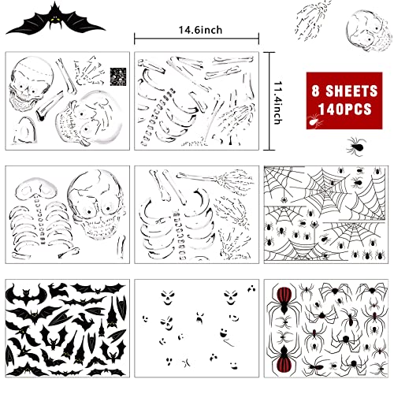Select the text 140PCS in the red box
[x=343, y=106]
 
